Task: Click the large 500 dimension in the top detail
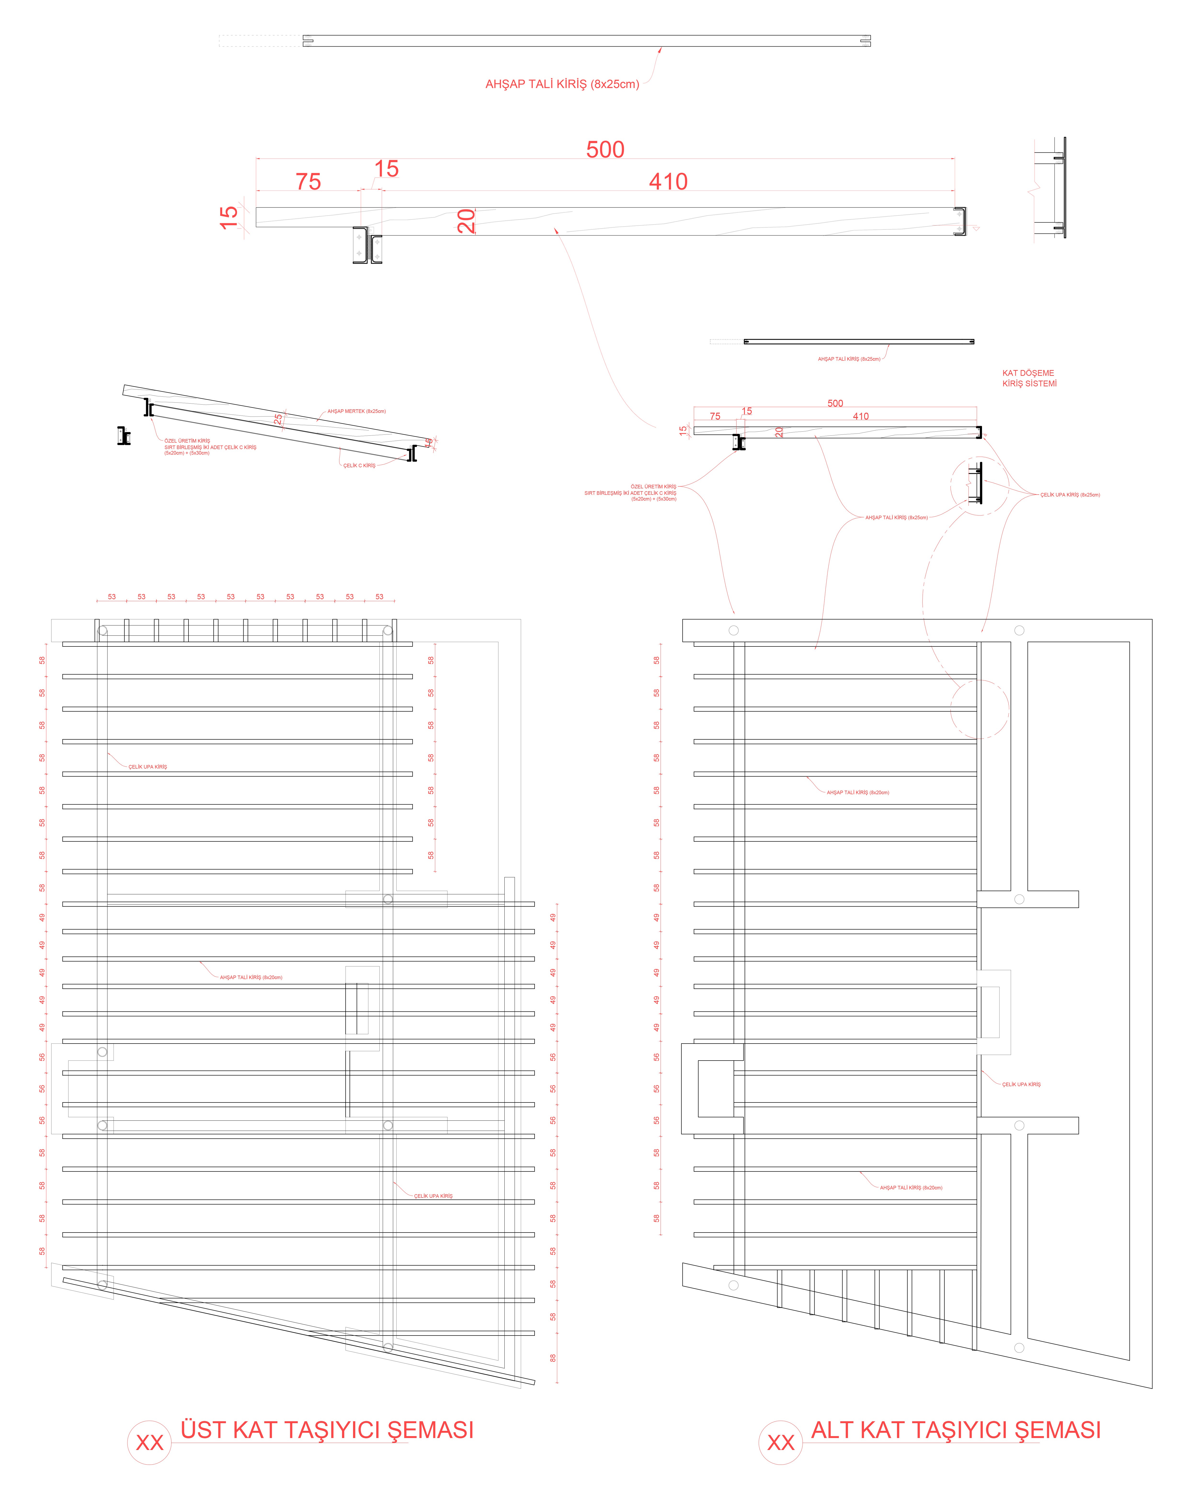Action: pos(605,150)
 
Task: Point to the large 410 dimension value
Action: pos(668,182)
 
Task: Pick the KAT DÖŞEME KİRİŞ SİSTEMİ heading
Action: pos(1029,378)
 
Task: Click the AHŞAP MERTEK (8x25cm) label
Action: pos(357,411)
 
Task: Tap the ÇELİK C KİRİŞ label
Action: pos(359,466)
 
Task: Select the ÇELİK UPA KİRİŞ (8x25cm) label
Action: pos(1070,495)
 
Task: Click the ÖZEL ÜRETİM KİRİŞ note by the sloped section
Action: pos(210,447)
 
